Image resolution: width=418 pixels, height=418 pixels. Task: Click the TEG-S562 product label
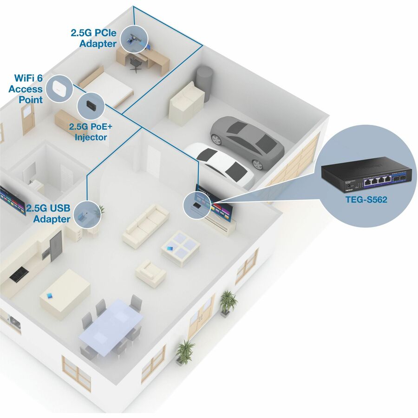(366, 199)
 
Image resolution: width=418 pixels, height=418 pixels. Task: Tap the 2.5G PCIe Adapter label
(93, 38)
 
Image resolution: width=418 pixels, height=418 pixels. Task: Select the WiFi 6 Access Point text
(26, 89)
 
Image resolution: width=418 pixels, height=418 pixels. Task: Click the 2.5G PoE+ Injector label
(91, 132)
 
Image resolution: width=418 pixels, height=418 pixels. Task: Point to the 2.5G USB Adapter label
(48, 214)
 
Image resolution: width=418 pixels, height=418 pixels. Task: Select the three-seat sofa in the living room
(146, 226)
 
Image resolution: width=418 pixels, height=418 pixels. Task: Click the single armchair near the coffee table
(150, 274)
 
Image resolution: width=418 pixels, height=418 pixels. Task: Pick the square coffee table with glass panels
(181, 248)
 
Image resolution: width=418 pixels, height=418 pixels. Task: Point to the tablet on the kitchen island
(50, 296)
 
